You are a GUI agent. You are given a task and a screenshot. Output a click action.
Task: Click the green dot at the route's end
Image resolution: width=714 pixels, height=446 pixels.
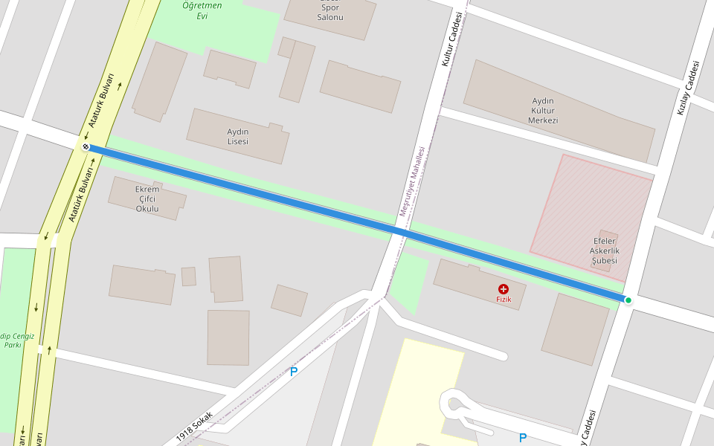pos(628,300)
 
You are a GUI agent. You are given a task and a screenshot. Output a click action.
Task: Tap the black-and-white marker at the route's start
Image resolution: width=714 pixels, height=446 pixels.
pos(86,147)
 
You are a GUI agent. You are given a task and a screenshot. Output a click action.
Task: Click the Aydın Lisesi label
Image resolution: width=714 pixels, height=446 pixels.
pos(237,136)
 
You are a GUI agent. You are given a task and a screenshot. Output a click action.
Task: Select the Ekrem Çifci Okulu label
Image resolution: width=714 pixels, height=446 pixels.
pos(147,199)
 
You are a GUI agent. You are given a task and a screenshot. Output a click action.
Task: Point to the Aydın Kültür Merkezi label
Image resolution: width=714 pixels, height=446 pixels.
pos(543,111)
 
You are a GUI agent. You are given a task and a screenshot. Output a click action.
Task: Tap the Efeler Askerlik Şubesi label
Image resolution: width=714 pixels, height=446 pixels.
pos(605,251)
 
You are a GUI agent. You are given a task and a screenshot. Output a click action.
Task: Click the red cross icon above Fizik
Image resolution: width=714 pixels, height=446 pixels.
pos(504,288)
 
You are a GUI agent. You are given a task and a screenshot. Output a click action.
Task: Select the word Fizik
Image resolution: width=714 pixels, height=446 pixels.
pos(504,299)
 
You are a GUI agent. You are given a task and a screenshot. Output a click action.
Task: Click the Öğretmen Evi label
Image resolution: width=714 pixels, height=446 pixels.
pos(202,11)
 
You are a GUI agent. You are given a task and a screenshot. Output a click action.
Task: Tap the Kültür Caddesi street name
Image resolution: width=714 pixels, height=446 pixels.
pos(454,39)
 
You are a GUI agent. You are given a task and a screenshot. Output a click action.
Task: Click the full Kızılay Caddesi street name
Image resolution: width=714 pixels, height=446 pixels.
pos(689,87)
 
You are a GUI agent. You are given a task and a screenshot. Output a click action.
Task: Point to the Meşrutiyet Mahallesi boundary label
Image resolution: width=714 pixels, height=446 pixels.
pos(413,181)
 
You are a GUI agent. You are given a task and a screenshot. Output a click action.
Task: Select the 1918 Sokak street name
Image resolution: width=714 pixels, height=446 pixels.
pos(196,425)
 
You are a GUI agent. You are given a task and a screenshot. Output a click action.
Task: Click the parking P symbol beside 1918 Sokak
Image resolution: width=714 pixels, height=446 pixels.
pos(294,372)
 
